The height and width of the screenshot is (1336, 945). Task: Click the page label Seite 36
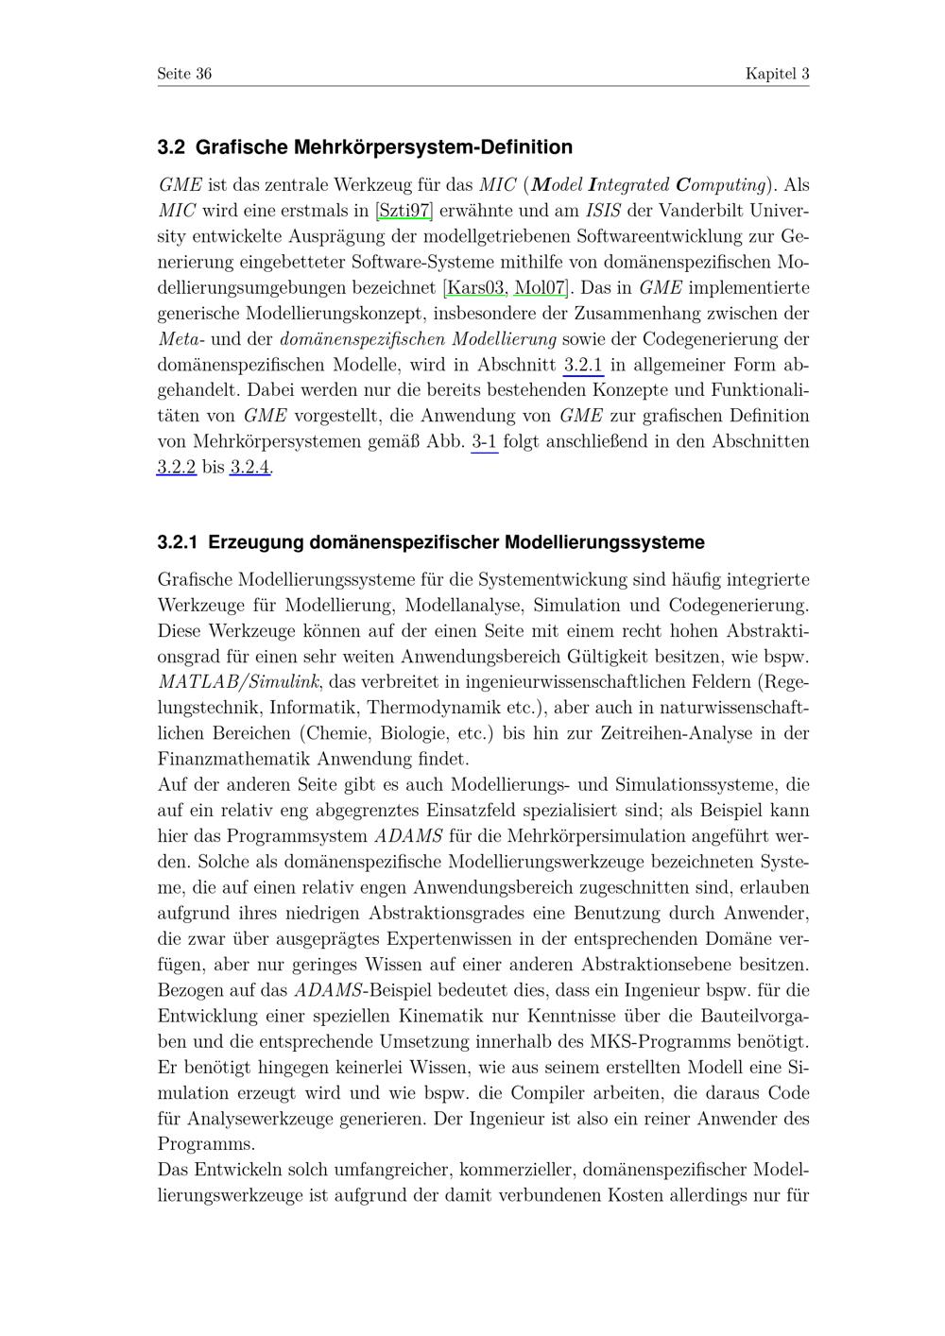[184, 74]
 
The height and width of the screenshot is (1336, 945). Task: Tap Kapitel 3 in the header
[777, 74]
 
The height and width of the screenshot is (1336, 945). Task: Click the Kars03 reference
[475, 287]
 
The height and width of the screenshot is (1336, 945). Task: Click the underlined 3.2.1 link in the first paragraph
[583, 365]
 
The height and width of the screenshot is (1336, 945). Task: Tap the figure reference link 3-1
[484, 441]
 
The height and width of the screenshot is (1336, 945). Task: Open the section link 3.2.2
[177, 467]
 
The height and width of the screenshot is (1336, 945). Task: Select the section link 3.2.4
[250, 467]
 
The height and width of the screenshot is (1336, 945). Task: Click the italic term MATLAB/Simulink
[240, 681]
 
